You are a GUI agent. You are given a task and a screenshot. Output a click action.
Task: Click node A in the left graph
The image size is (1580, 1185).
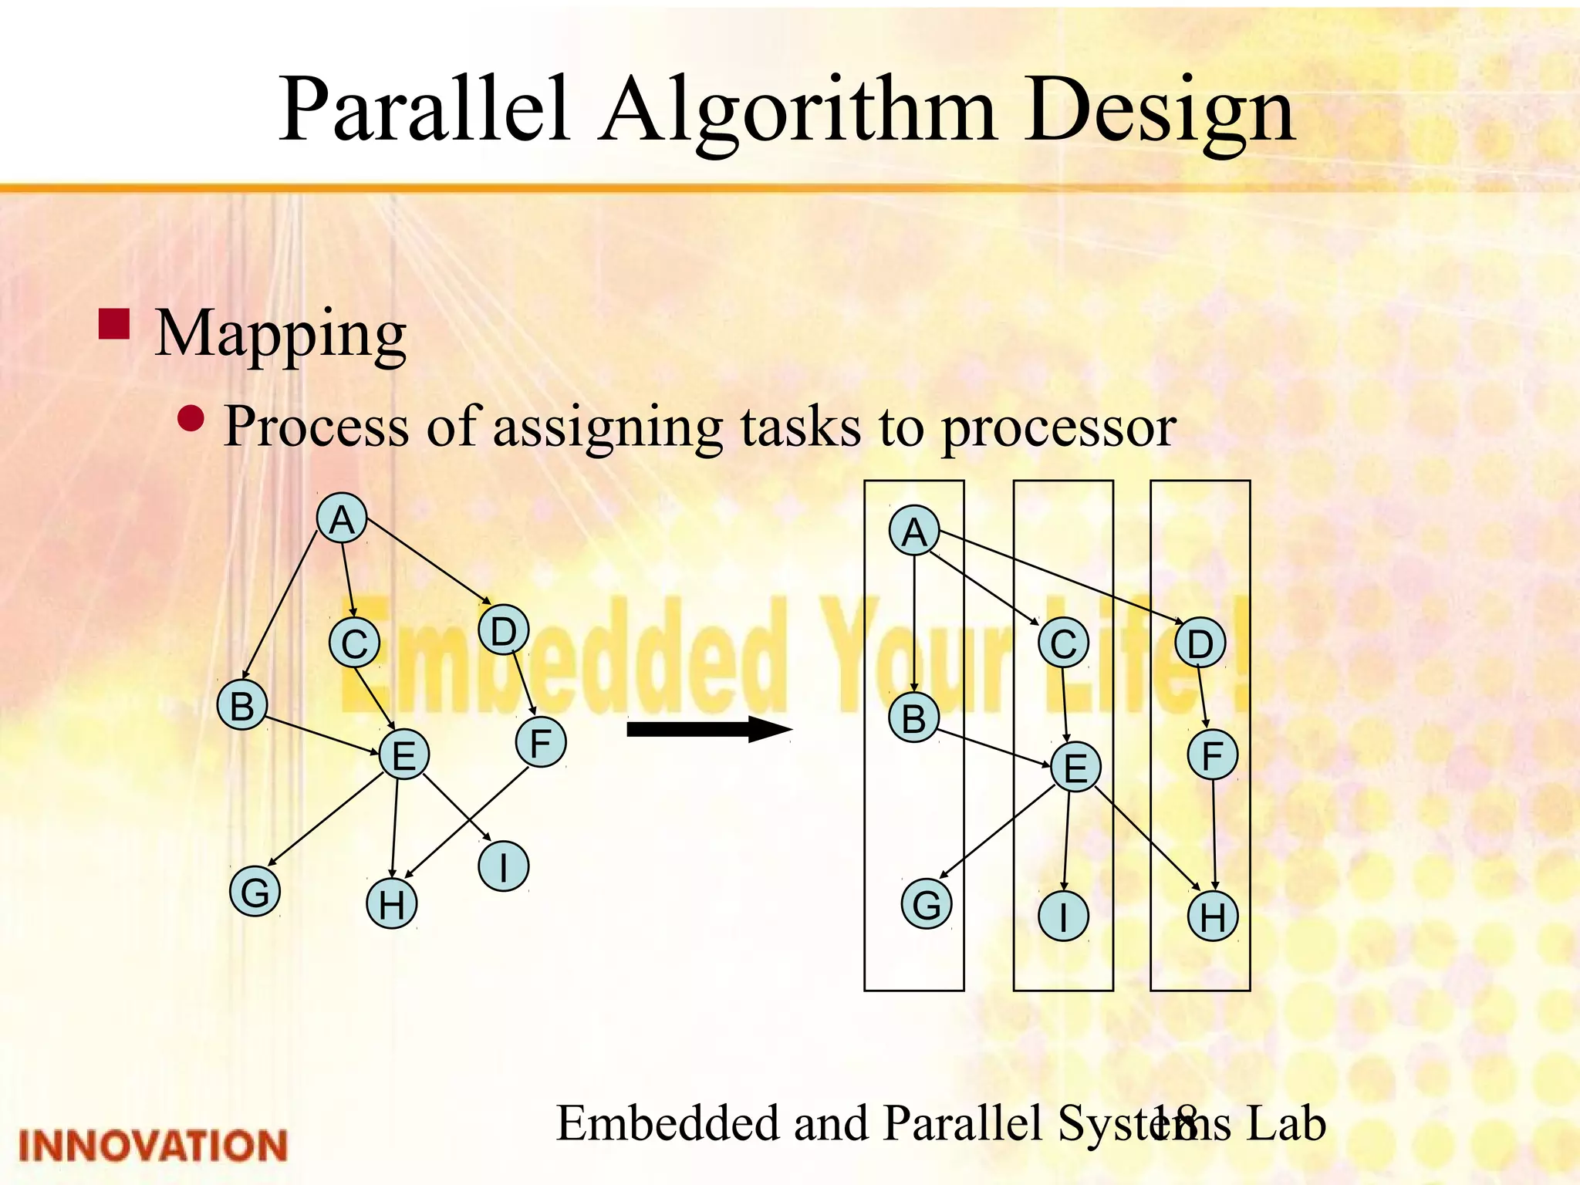point(342,518)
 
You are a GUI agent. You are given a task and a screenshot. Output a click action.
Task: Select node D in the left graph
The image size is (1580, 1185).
point(503,630)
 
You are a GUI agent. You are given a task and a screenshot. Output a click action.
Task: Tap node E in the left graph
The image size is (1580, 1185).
point(404,754)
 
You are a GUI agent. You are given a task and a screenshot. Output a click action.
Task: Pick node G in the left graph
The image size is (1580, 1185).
point(255,891)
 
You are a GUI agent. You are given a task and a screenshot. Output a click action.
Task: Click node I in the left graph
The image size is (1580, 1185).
point(503,866)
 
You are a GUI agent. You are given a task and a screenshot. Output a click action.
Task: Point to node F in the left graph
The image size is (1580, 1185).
point(541,741)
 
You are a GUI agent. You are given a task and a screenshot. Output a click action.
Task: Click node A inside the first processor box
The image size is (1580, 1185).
point(914,531)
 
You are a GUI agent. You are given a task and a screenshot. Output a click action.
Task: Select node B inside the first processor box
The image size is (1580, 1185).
point(914,717)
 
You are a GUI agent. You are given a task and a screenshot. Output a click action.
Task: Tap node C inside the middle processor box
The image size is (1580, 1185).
point(1063,643)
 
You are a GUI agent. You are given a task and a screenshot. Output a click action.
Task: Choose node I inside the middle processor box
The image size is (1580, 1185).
point(1063,917)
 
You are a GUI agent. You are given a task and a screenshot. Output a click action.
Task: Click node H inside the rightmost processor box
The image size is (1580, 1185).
point(1213,917)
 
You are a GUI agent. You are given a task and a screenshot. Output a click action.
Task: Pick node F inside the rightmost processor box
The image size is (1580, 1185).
point(1213,755)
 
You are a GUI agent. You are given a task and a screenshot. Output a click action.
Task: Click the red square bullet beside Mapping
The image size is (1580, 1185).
point(114,325)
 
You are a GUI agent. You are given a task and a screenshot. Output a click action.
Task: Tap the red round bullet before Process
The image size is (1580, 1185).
point(191,419)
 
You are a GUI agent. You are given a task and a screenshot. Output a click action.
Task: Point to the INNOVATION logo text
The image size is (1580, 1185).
point(153,1146)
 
